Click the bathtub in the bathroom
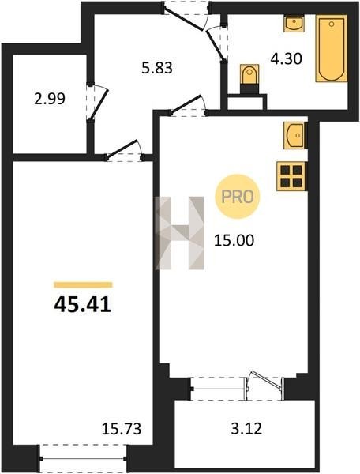pos(332,49)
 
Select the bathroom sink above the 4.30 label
pos(294,24)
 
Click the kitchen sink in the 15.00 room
pos(294,135)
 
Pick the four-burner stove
pos(291,176)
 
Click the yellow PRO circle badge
pos(238,197)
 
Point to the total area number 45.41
pos(83,305)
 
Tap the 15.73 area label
pos(122,429)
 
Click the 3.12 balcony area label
pos(246,428)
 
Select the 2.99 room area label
pos(50,99)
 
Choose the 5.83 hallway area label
pos(157,68)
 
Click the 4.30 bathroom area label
pos(286,58)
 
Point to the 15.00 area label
pos(234,241)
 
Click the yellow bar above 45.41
pos(83,284)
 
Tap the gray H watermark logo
pos(179,233)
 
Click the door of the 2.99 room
pos(99,103)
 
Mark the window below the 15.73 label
pos(83,458)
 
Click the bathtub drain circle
pos(332,24)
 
